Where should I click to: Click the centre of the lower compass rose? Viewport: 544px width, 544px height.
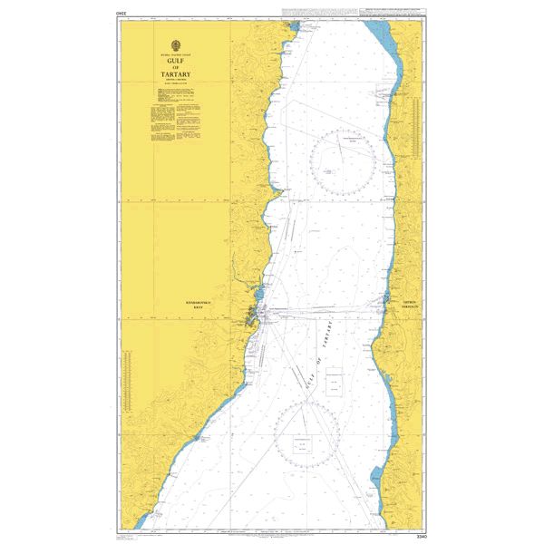(x=308, y=433)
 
